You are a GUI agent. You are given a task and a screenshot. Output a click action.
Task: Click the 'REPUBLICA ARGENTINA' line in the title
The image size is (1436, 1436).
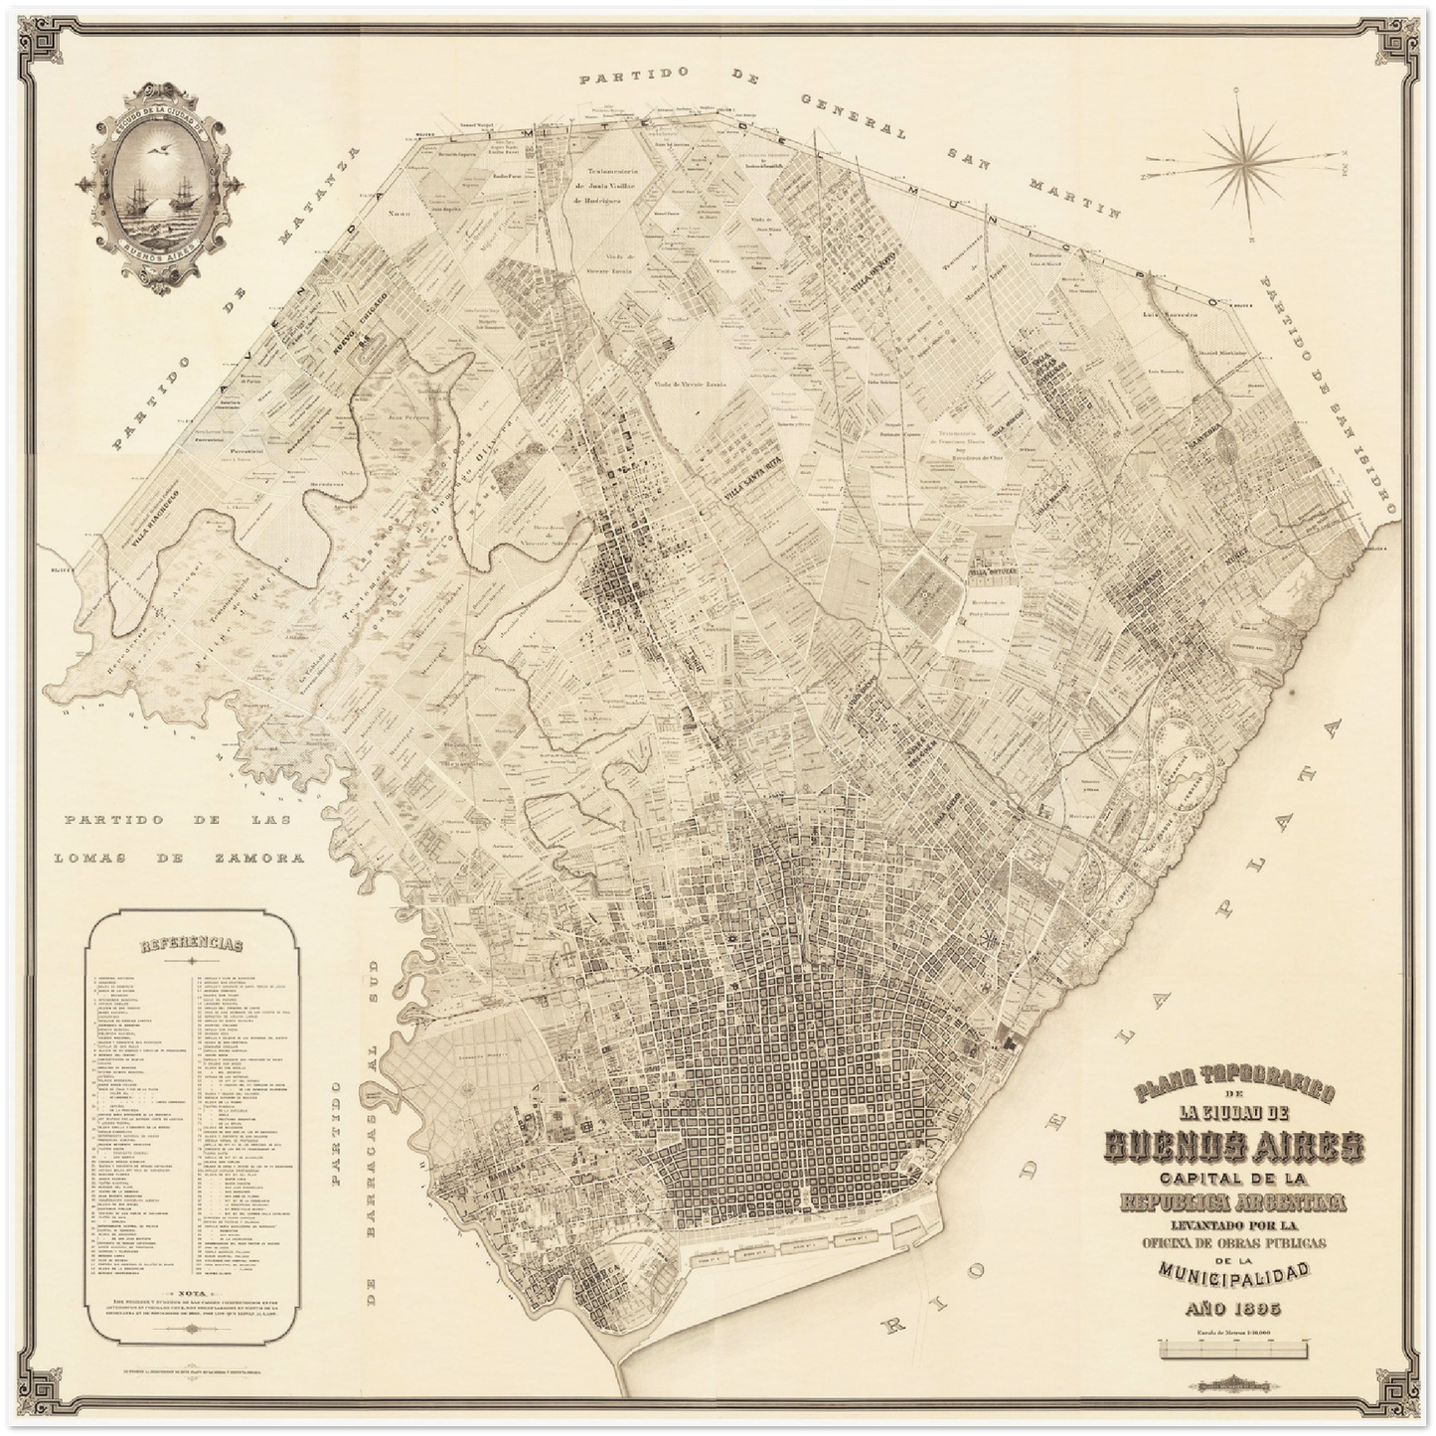coord(1233,1203)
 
